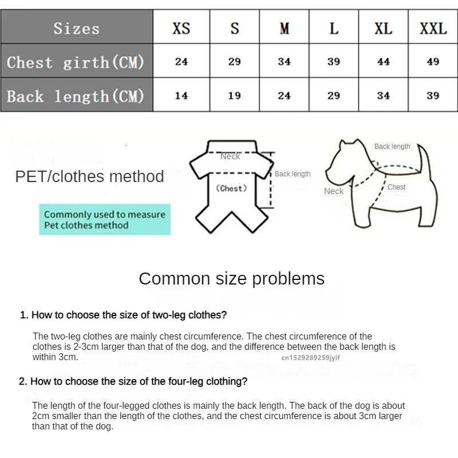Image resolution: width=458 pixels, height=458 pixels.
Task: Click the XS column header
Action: pyautogui.click(x=181, y=28)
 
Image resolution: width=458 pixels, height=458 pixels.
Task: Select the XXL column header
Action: pyautogui.click(x=433, y=28)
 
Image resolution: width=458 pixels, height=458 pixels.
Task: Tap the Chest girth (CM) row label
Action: pyautogui.click(x=76, y=62)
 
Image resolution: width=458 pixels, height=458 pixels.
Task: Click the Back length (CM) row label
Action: pyautogui.click(x=76, y=96)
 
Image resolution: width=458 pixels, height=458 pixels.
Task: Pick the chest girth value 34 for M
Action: pyautogui.click(x=285, y=62)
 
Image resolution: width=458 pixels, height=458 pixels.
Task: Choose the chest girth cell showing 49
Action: pyautogui.click(x=433, y=62)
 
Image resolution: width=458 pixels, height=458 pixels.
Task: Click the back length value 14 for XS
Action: pyautogui.click(x=181, y=96)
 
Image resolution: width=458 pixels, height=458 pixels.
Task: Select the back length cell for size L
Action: pyautogui.click(x=334, y=96)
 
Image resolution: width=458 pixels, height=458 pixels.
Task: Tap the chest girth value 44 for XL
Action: pyautogui.click(x=384, y=62)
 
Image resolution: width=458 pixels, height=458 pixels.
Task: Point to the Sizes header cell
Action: pyautogui.click(x=77, y=28)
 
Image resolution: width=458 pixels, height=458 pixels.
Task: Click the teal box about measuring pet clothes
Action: pyautogui.click(x=105, y=220)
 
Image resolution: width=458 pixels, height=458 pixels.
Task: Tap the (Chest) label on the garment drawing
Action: pyautogui.click(x=231, y=188)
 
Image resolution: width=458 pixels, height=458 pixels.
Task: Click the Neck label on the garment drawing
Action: pyautogui.click(x=230, y=156)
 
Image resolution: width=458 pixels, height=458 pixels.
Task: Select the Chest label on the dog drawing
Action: pyautogui.click(x=396, y=187)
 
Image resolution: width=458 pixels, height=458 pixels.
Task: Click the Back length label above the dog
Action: pyautogui.click(x=392, y=147)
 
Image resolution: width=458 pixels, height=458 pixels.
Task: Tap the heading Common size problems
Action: pyautogui.click(x=231, y=279)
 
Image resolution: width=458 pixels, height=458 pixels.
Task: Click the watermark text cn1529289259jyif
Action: pyautogui.click(x=310, y=357)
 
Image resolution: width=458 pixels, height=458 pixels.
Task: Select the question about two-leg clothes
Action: pyautogui.click(x=124, y=315)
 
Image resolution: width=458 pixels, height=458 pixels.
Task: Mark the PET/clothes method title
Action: pyautogui.click(x=89, y=176)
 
